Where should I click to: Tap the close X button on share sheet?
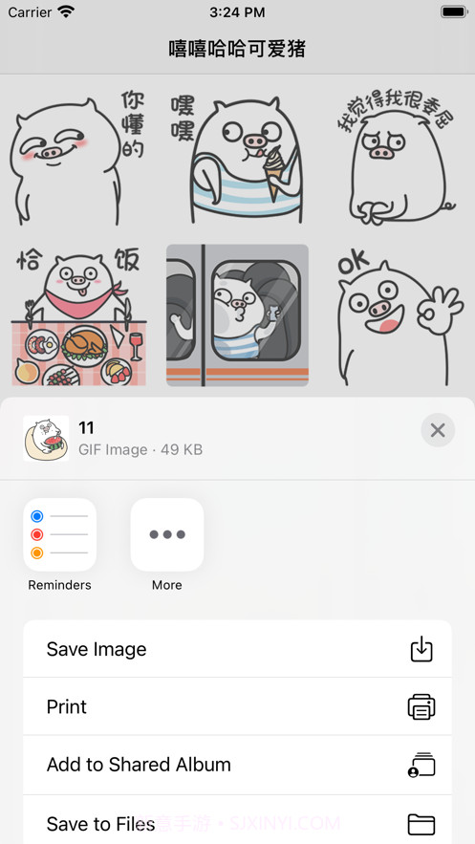438,430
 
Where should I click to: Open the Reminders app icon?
59,534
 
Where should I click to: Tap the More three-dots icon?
167,534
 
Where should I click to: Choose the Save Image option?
97,649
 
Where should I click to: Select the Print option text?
67,706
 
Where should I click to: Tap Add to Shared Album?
139,765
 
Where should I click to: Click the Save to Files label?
100,823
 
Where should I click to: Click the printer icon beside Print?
421,707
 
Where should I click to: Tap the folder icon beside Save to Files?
421,824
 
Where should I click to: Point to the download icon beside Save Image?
421,649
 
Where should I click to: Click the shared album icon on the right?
421,766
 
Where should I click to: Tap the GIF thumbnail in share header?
46,439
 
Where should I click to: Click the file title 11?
87,427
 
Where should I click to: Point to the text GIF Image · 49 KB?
140,449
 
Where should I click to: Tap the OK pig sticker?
399,315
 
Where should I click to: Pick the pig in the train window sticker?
237,315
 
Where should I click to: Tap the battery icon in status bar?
453,12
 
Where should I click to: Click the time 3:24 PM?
237,12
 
